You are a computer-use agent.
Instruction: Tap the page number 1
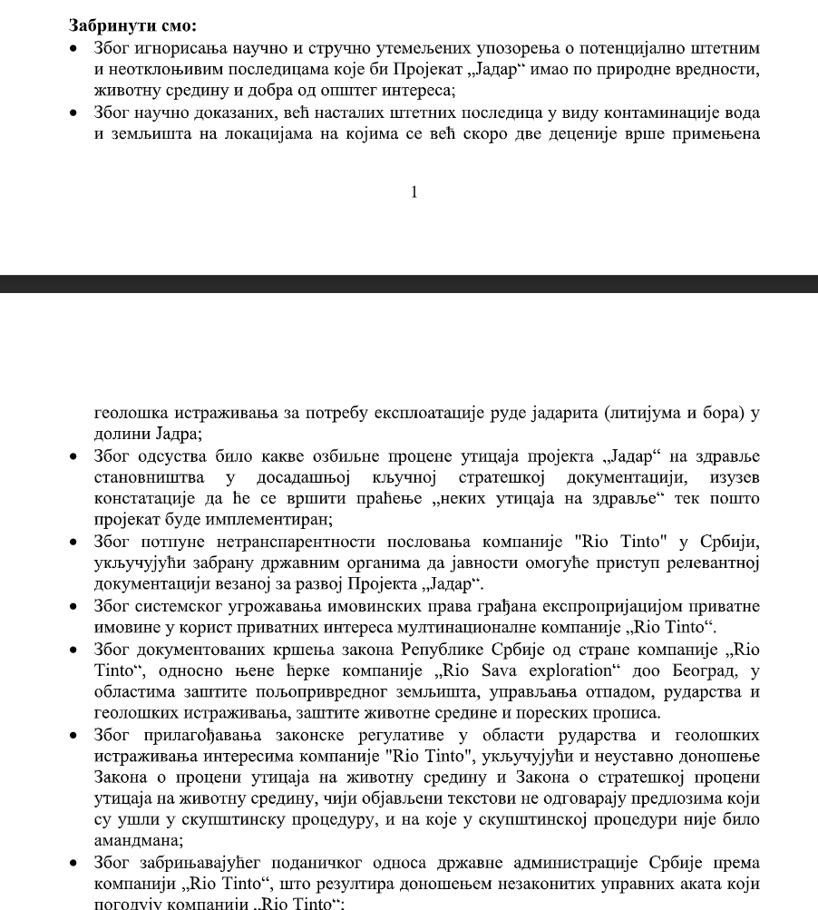coord(414,191)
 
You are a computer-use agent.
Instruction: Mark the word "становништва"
coord(145,477)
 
